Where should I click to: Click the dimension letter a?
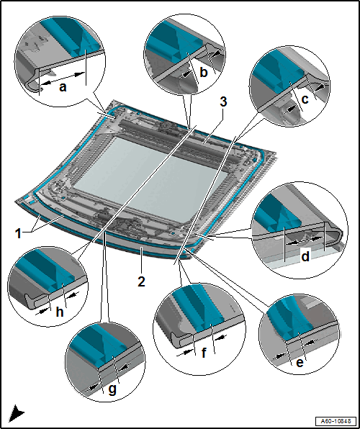(63, 88)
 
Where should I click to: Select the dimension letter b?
(204, 73)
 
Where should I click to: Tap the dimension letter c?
(305, 99)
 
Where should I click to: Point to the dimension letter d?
(305, 257)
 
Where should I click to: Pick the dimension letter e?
(300, 363)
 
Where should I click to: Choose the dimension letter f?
(204, 353)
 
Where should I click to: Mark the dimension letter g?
(112, 389)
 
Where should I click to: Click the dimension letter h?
(60, 311)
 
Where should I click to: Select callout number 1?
(18, 233)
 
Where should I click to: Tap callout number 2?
(141, 281)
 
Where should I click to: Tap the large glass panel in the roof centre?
(150, 178)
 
